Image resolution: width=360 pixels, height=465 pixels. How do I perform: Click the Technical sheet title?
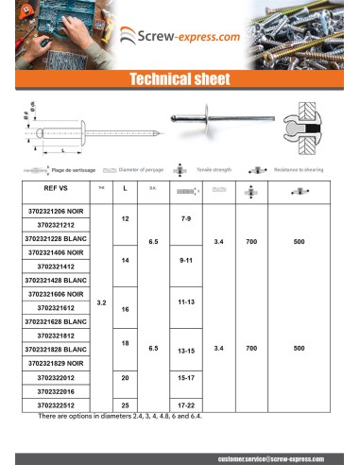click(180, 80)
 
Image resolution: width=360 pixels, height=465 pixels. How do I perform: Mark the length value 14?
click(126, 257)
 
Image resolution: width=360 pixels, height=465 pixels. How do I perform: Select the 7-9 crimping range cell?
click(185, 218)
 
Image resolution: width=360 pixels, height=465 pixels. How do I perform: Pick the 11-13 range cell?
click(185, 300)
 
